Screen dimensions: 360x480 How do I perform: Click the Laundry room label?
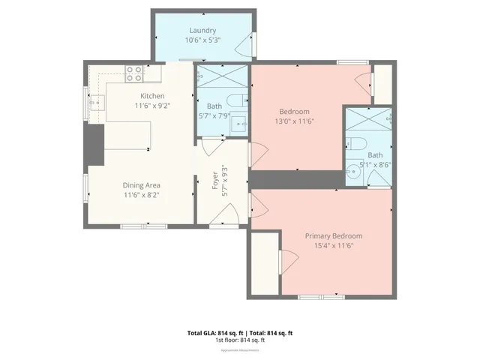202,30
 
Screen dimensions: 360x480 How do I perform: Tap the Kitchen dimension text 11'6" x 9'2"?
152,106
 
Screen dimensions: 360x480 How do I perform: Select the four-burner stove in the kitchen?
134,73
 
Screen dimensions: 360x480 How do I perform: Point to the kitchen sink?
97,103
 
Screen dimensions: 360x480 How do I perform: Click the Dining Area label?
142,184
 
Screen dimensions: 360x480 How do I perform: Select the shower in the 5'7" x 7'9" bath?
222,76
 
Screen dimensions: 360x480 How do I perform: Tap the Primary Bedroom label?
333,235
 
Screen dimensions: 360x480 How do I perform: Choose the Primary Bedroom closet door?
284,262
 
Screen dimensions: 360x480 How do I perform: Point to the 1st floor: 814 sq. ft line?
240,340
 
